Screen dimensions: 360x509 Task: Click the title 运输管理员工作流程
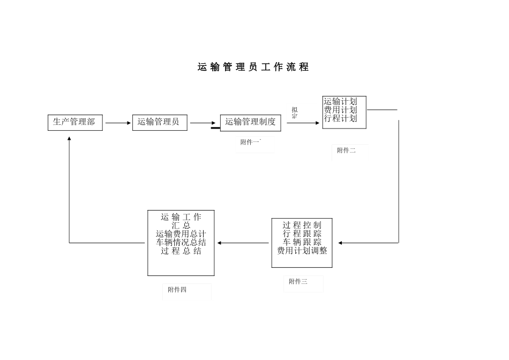pos(253,67)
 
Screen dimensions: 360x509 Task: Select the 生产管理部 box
pos(74,122)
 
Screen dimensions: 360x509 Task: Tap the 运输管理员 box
pos(159,122)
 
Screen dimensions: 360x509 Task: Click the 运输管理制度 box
pos(250,122)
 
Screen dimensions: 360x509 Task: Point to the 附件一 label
pos(250,142)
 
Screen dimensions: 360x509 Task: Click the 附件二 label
pos(346,151)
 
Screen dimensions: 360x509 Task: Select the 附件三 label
pos(298,282)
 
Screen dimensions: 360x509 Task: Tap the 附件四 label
pos(177,290)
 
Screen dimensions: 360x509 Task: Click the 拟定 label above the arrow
pos(295,112)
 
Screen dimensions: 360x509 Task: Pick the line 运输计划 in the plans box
pos(340,101)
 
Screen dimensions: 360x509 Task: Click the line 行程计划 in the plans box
pos(340,118)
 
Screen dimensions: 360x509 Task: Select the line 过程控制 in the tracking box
pos(302,225)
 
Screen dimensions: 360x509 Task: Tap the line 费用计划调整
pos(302,251)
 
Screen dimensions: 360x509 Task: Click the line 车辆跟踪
pos(302,242)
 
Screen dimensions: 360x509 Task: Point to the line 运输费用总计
pos(181,234)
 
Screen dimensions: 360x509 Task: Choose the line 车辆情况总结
pos(181,243)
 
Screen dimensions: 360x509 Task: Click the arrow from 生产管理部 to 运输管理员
pos(118,123)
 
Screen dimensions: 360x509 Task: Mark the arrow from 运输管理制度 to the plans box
pos(303,123)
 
